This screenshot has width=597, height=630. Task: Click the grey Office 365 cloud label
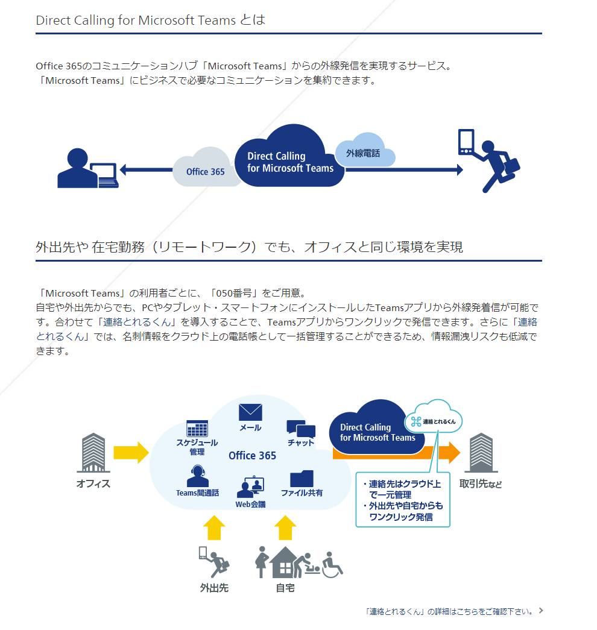(x=205, y=172)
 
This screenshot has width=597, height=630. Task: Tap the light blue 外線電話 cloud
(x=364, y=151)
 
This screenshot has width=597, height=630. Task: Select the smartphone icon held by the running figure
(x=466, y=142)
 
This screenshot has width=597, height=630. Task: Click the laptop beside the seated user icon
(x=104, y=175)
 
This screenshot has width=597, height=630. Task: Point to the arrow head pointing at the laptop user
(x=124, y=169)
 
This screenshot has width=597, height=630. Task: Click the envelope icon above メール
(x=250, y=412)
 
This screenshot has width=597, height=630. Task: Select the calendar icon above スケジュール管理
(x=197, y=428)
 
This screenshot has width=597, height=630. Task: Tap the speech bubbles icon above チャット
(x=301, y=429)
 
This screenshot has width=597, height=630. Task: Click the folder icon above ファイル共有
(x=302, y=478)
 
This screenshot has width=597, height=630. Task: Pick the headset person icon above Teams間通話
(x=198, y=476)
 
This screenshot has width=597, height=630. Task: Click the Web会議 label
(x=250, y=504)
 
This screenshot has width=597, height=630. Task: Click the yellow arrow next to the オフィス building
(x=131, y=452)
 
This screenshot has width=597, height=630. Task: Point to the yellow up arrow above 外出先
(x=214, y=528)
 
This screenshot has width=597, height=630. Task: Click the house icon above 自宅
(x=285, y=562)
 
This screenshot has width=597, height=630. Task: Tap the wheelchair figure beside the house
(x=332, y=564)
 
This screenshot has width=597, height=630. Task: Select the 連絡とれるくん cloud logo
(x=434, y=418)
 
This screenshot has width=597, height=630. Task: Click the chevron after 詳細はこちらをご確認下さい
(x=541, y=610)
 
